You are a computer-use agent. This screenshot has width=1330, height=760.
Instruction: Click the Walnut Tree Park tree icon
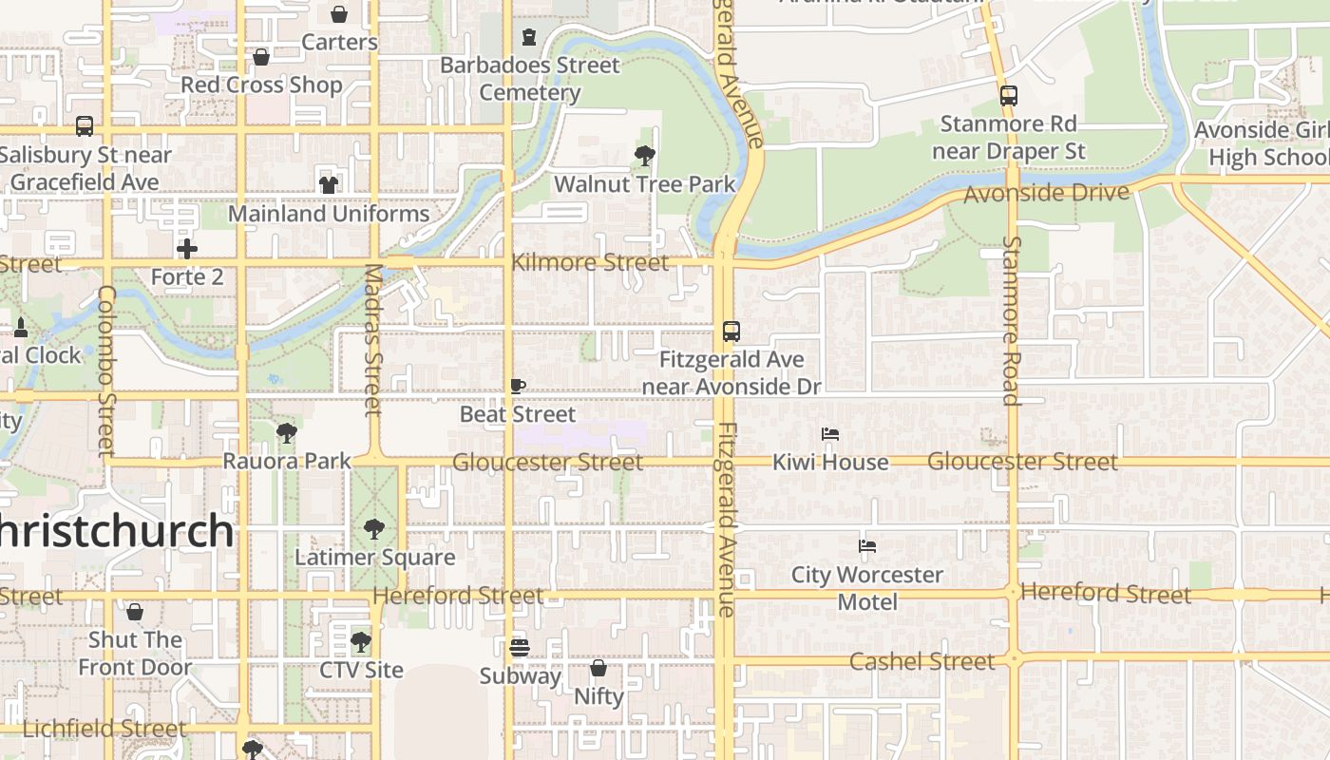click(x=645, y=155)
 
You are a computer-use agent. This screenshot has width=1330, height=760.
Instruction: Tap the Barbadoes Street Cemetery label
click(x=529, y=79)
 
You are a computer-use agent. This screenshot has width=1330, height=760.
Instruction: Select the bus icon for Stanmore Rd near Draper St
click(x=1008, y=96)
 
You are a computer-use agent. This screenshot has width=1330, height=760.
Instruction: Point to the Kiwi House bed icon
click(x=830, y=434)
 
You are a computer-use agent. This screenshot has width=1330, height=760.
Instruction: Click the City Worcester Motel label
click(x=867, y=588)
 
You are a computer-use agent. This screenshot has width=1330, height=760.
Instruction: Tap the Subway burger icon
click(x=519, y=648)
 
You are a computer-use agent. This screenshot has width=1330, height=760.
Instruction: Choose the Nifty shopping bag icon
click(x=598, y=668)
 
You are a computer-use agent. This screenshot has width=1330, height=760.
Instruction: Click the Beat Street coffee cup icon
click(x=518, y=386)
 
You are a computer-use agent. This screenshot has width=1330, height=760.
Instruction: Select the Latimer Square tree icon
click(x=374, y=528)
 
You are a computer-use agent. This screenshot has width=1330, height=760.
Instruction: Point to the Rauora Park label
click(x=287, y=461)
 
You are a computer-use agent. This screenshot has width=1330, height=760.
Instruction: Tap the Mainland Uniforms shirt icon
click(x=329, y=184)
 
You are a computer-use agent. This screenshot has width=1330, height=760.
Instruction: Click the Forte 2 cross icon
click(x=187, y=249)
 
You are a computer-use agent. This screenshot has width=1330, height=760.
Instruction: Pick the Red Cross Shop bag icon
click(x=261, y=57)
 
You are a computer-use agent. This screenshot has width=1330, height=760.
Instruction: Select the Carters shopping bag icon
click(x=339, y=14)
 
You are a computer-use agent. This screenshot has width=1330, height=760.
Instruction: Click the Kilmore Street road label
click(x=590, y=262)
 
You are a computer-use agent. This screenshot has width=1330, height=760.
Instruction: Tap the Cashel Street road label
click(x=921, y=661)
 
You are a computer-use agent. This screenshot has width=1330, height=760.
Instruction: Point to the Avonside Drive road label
click(x=1046, y=193)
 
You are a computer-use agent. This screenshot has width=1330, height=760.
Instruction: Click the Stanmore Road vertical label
click(x=1012, y=320)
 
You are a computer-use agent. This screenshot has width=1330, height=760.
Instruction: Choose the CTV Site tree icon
click(x=360, y=642)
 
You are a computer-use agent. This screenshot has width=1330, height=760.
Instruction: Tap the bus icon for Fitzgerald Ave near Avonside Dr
click(x=731, y=332)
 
